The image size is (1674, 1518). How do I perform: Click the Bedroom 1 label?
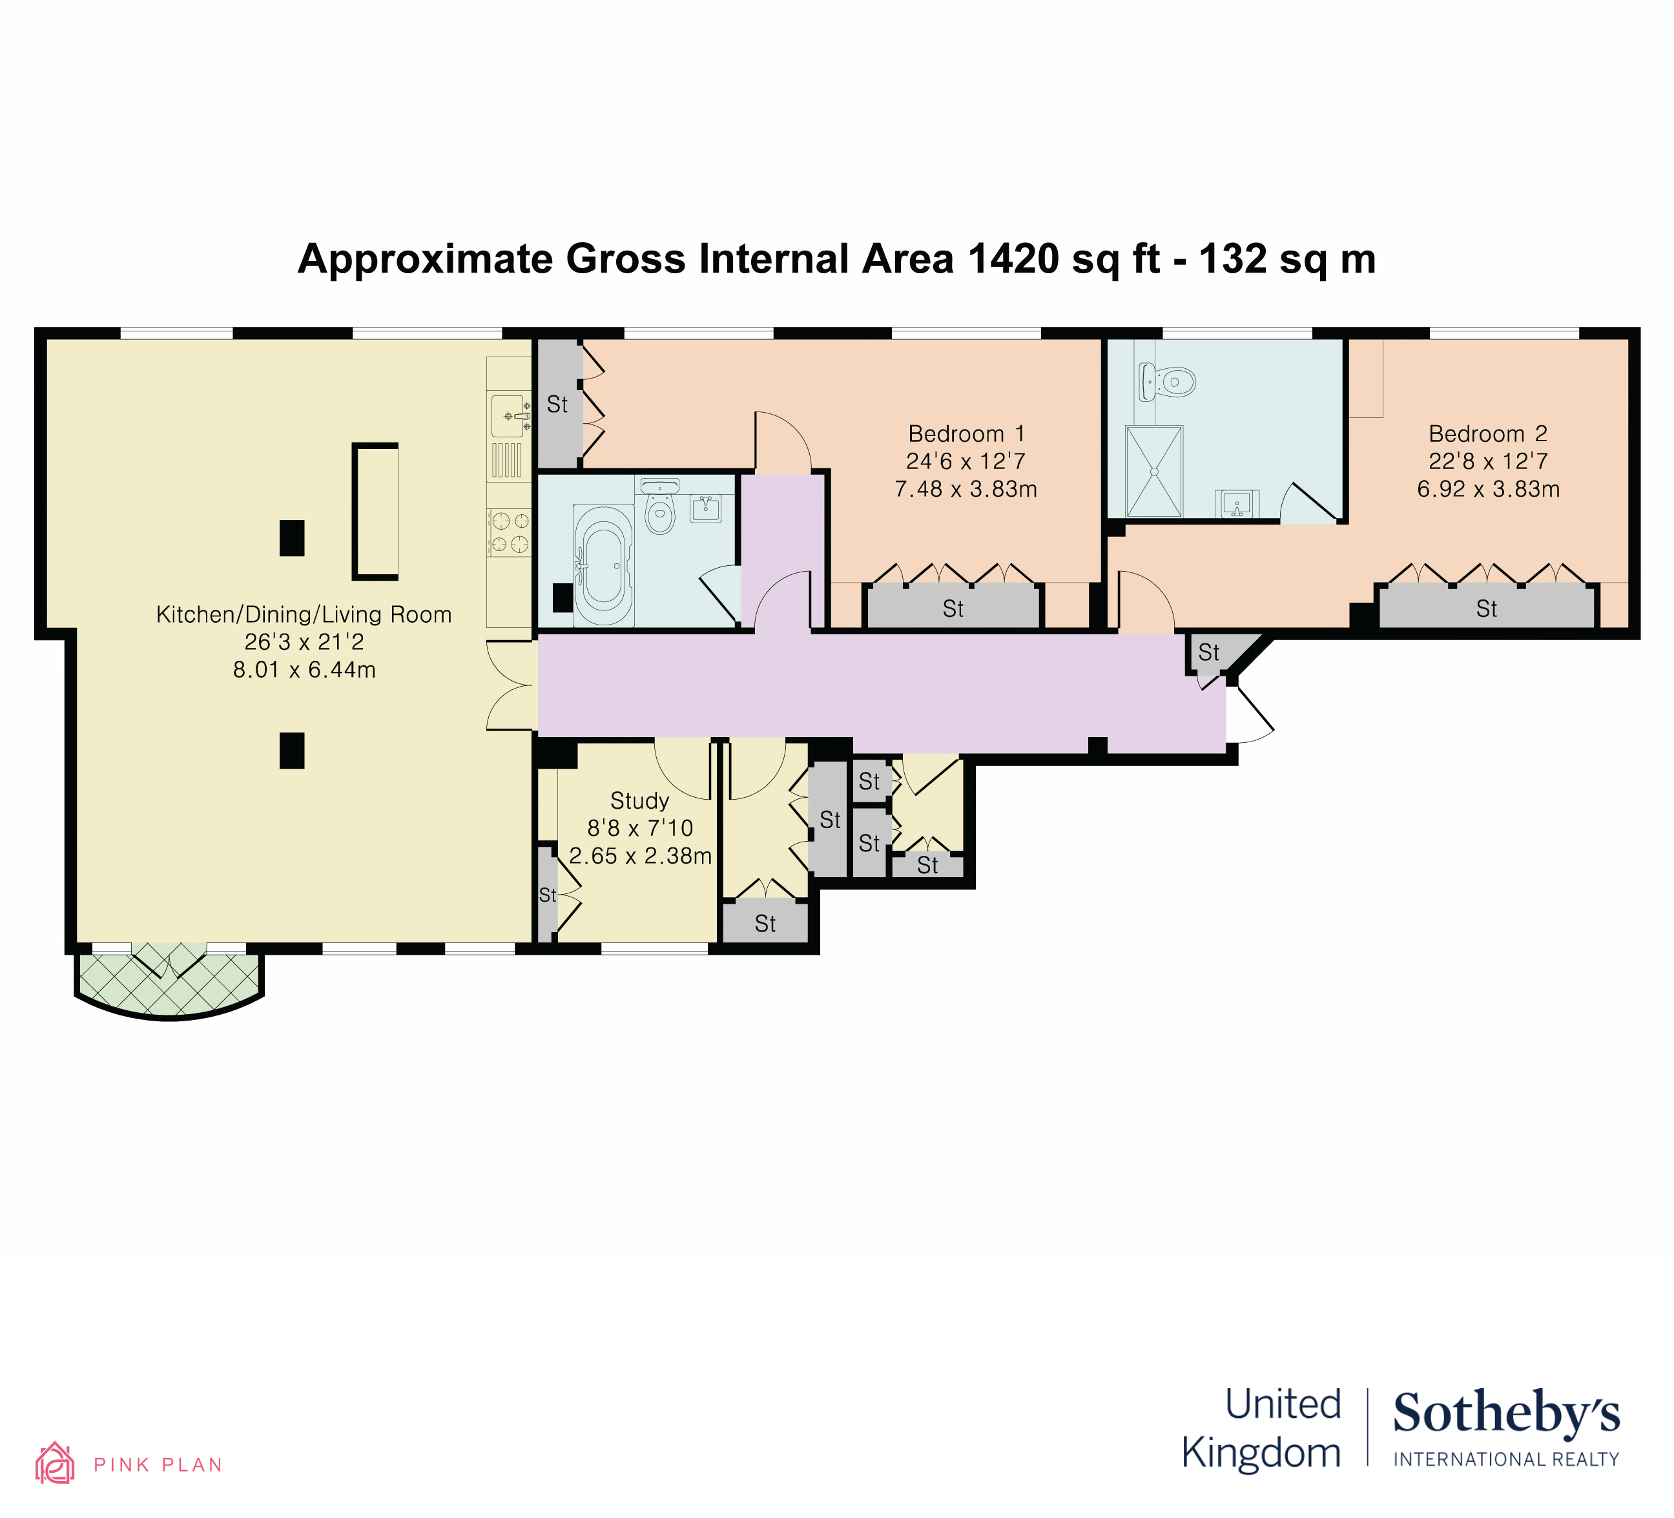click(967, 433)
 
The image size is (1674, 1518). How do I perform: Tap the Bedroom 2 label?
click(1488, 433)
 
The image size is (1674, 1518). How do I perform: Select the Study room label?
click(639, 800)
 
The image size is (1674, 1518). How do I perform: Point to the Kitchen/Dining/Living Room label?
click(304, 614)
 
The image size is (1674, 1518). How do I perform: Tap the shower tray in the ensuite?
click(1153, 472)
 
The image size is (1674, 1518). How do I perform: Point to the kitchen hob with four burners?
click(509, 532)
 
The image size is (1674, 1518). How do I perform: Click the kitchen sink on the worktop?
click(510, 415)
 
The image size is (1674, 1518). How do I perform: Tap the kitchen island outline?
click(375, 511)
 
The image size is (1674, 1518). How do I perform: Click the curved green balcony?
click(169, 986)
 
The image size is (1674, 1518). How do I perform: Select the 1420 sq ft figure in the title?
click(1064, 258)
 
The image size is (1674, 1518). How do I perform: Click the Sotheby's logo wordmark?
click(1505, 1413)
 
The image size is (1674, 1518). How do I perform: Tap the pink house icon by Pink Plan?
click(55, 1462)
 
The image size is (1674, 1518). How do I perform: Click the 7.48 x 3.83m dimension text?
click(966, 489)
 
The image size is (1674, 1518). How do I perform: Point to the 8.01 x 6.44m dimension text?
click(304, 669)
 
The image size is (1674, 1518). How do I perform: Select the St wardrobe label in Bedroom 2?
click(1486, 608)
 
